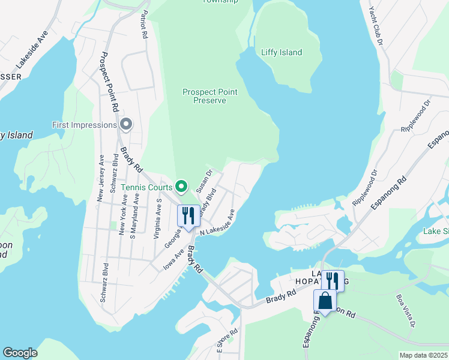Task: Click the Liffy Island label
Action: tap(282, 53)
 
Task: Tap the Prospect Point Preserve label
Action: tap(210, 96)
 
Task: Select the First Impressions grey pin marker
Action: tap(126, 125)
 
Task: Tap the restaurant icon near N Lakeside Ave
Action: tap(188, 217)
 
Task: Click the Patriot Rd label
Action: tap(144, 25)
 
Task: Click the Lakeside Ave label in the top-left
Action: tap(31, 47)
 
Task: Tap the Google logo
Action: tap(20, 353)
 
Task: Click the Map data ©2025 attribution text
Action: tap(423, 355)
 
